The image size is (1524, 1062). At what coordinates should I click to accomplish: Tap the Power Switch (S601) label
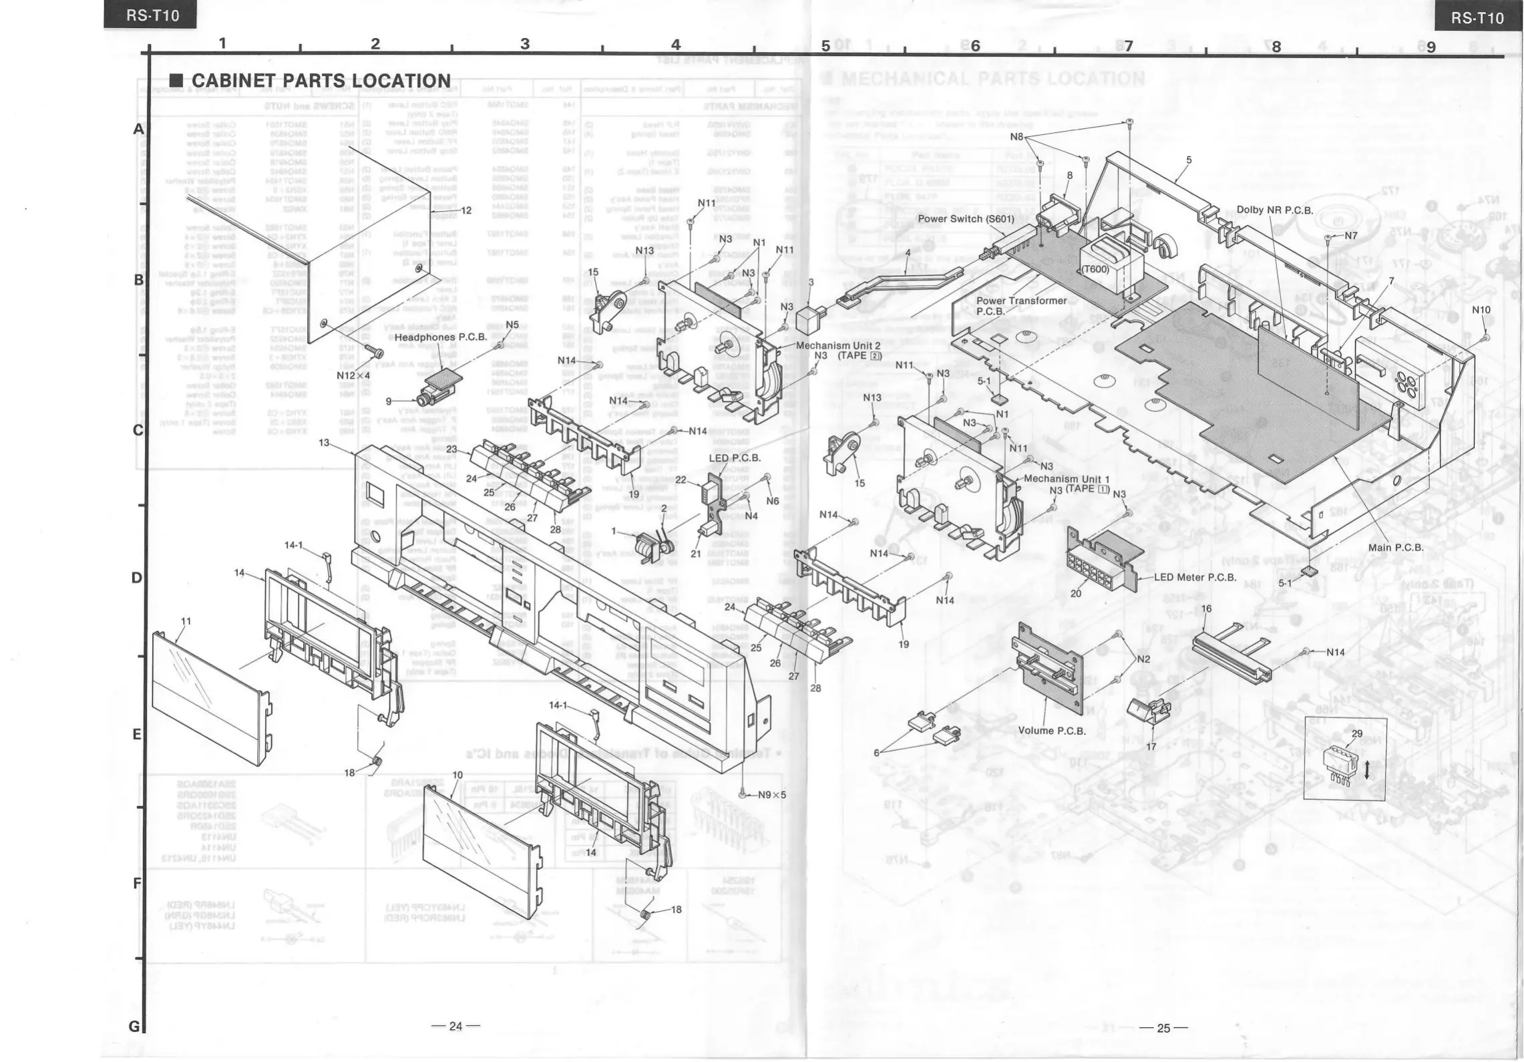[966, 218]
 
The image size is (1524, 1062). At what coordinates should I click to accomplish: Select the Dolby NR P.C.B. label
[1274, 210]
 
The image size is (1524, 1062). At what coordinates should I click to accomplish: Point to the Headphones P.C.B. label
[440, 337]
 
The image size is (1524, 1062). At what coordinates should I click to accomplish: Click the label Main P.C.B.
[1396, 548]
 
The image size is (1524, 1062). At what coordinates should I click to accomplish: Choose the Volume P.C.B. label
[1052, 731]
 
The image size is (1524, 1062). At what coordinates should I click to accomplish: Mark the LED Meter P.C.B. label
[1195, 577]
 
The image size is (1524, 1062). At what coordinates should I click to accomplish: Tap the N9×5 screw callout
[771, 795]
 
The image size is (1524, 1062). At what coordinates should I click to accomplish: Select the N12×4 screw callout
[353, 375]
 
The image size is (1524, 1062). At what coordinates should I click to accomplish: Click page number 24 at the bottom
[455, 1026]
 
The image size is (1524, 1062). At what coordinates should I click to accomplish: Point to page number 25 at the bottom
[1163, 1028]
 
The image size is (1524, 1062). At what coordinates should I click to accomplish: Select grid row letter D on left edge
[136, 578]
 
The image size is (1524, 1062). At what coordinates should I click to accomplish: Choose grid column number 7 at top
[1128, 45]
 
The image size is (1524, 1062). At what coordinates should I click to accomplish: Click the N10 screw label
[1481, 310]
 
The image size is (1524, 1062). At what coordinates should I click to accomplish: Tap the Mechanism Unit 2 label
[838, 346]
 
